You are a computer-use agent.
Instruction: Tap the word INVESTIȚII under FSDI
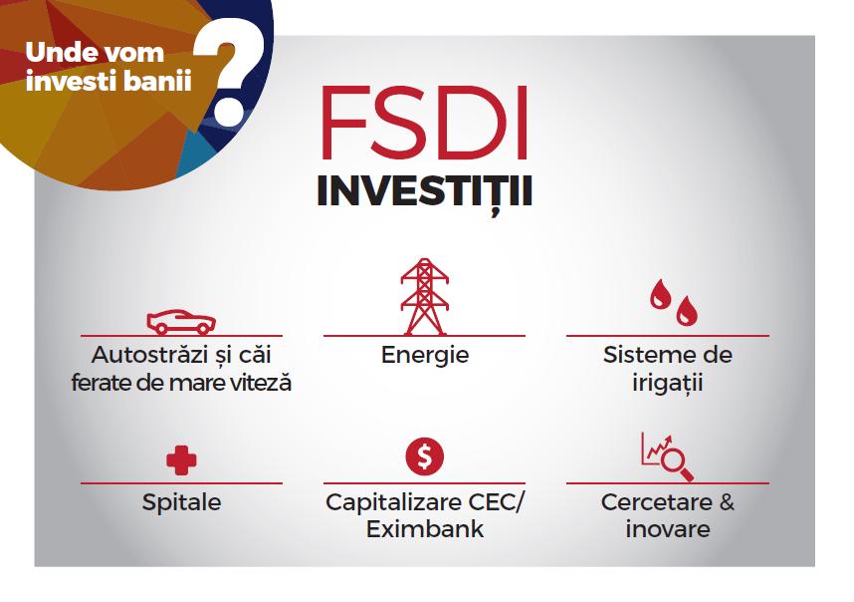pyautogui.click(x=424, y=193)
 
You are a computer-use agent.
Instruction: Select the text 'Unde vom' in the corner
pyautogui.click(x=95, y=53)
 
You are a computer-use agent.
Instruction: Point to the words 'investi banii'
pyautogui.click(x=108, y=81)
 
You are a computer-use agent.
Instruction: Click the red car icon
pyautogui.click(x=181, y=322)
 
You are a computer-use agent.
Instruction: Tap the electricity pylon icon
pyautogui.click(x=425, y=296)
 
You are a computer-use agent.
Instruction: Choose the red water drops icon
pyautogui.click(x=674, y=303)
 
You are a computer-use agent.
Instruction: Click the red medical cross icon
pyautogui.click(x=181, y=460)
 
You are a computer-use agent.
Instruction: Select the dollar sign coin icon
pyautogui.click(x=425, y=456)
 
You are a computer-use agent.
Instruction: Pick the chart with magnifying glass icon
pyautogui.click(x=667, y=456)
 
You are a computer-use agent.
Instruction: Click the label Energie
pyautogui.click(x=425, y=356)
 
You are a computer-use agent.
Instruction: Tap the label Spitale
pyautogui.click(x=181, y=502)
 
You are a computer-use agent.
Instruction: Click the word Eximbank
pyautogui.click(x=425, y=529)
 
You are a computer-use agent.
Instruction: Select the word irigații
pyautogui.click(x=668, y=383)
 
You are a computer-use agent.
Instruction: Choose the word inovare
pyautogui.click(x=668, y=529)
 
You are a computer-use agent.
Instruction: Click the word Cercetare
pyautogui.click(x=656, y=502)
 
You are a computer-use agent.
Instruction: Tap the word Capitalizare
pyautogui.click(x=388, y=502)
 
